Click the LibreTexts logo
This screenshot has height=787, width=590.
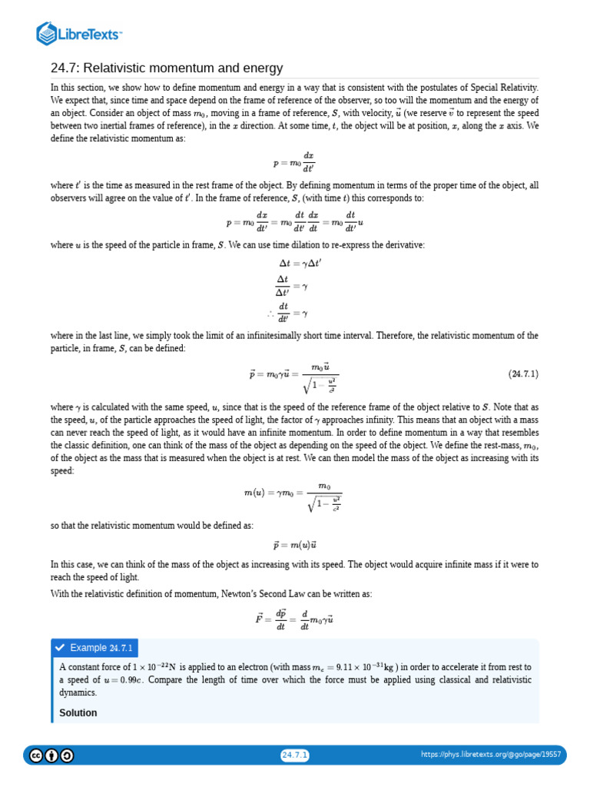point(80,33)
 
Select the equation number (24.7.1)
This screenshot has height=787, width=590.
point(523,374)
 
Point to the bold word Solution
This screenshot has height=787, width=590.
point(78,712)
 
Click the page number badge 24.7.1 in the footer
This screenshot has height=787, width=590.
point(295,755)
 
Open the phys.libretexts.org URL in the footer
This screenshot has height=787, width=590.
point(492,755)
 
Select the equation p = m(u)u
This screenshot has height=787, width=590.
point(294,545)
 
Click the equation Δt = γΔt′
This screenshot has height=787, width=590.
point(294,262)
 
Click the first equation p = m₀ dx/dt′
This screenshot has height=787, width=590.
point(294,162)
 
